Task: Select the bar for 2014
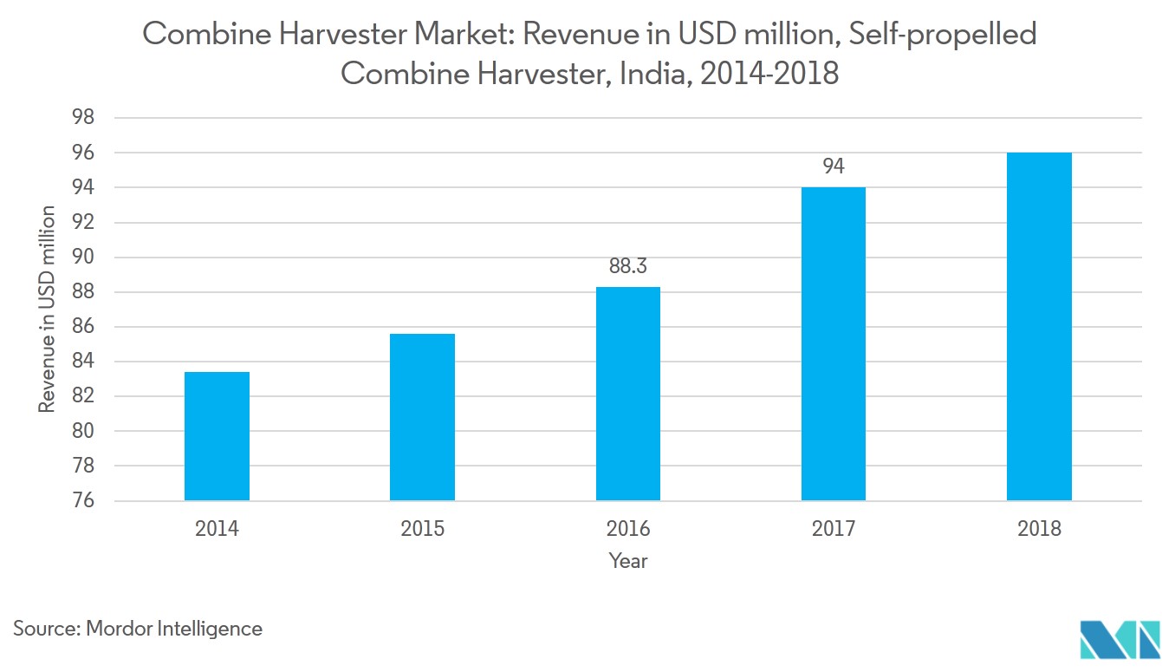(217, 436)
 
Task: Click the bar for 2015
(422, 417)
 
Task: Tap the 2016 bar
(628, 394)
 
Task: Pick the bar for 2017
(834, 343)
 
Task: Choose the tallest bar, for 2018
(1039, 326)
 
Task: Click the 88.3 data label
(628, 266)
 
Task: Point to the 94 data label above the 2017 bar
(834, 166)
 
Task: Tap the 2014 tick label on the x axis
(217, 529)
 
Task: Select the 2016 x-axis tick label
(628, 529)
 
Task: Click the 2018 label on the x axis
(1039, 529)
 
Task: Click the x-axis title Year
(628, 561)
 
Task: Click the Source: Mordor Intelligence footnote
(138, 628)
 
